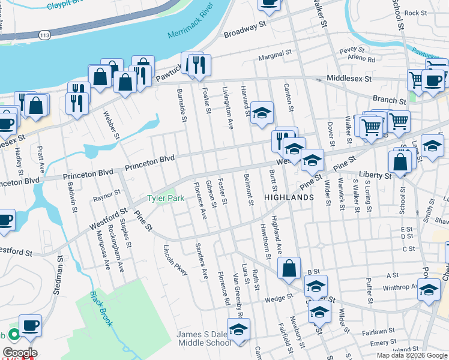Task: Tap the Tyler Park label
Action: click(166, 198)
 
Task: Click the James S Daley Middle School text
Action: click(203, 338)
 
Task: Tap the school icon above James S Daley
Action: click(238, 329)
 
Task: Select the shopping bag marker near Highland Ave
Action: click(289, 268)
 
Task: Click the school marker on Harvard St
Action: click(262, 112)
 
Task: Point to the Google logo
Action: click(20, 353)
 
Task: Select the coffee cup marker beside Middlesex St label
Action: click(432, 80)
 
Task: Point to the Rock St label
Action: click(415, 13)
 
